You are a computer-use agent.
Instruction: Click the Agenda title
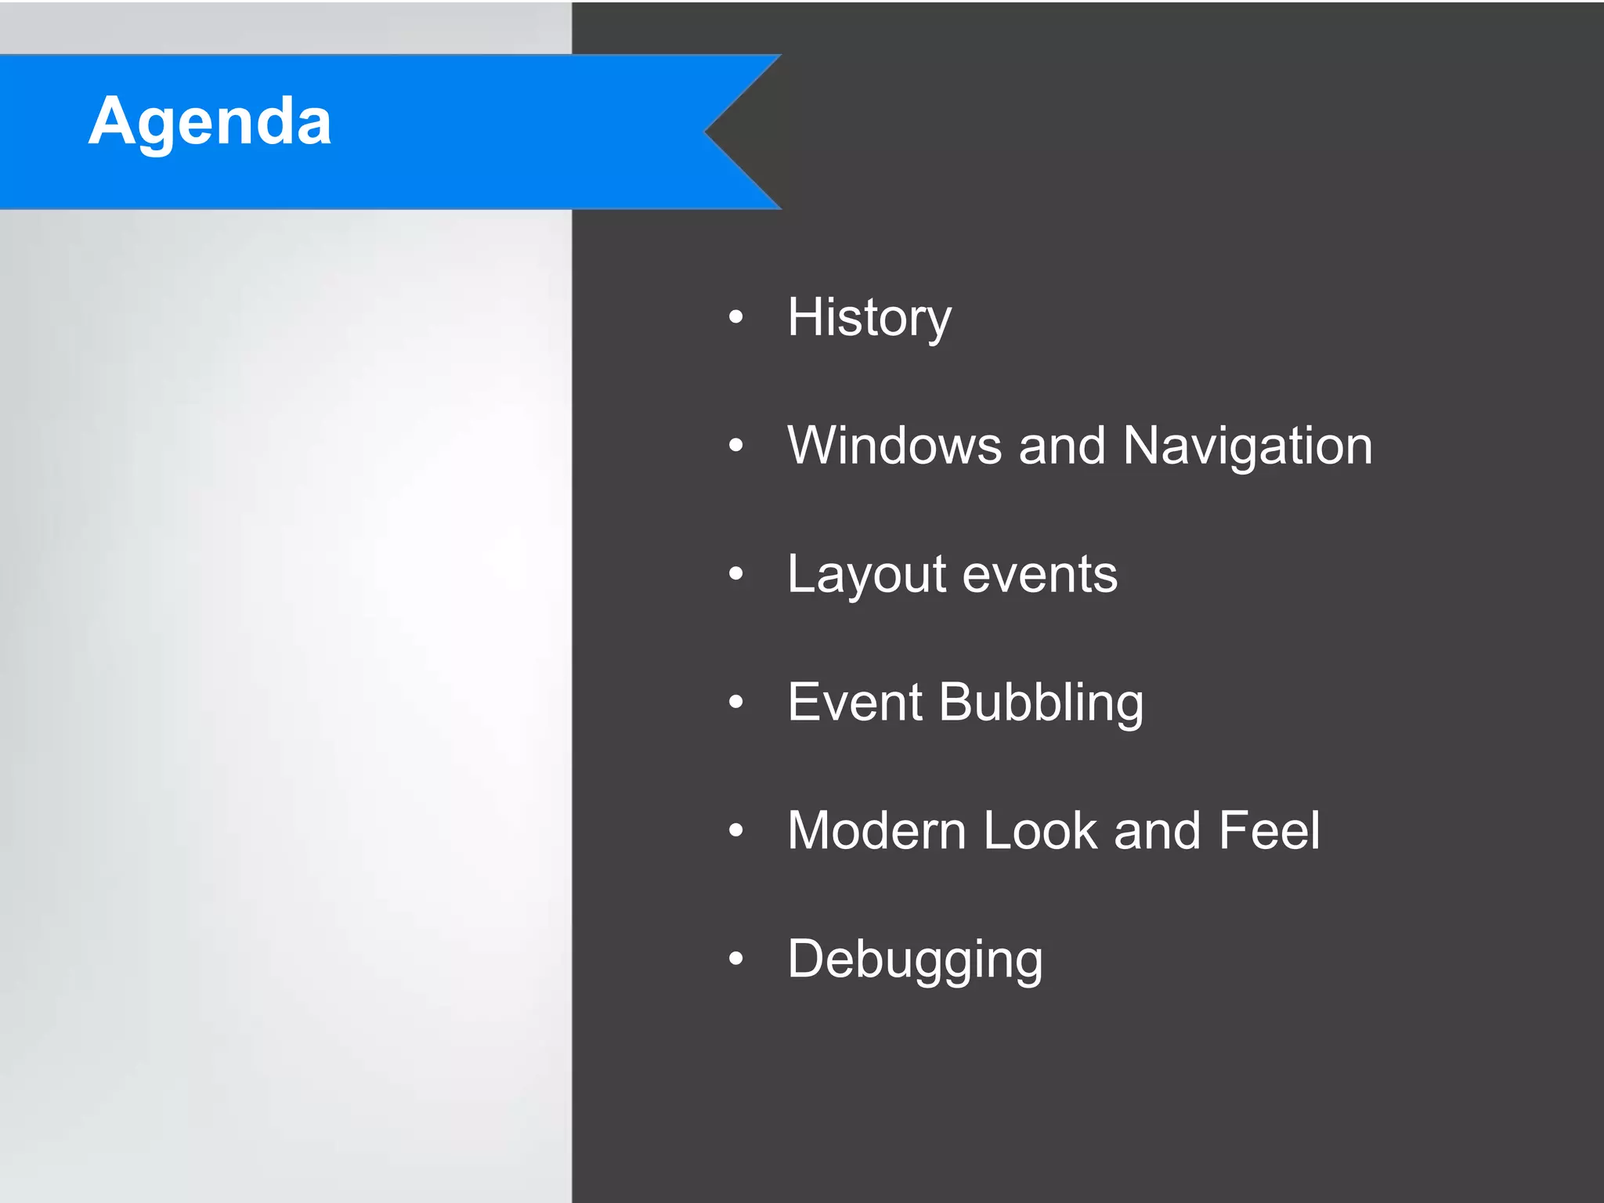[x=210, y=121]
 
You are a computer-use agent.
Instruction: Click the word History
[x=869, y=318]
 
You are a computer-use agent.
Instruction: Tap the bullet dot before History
[x=735, y=317]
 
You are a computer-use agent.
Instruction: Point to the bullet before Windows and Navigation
[x=735, y=446]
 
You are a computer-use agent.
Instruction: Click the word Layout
[x=867, y=575]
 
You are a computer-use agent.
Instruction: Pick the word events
[x=1039, y=575]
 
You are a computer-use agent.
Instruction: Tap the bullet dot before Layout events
[x=735, y=574]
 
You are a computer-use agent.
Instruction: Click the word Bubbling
[x=1041, y=703]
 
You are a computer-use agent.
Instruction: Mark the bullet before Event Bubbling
[x=735, y=702]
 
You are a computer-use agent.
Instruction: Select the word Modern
[x=876, y=830]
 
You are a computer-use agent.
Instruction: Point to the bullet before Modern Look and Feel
[x=735, y=830]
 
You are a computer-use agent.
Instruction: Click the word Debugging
[x=915, y=960]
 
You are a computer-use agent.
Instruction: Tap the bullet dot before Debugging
[x=735, y=958]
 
